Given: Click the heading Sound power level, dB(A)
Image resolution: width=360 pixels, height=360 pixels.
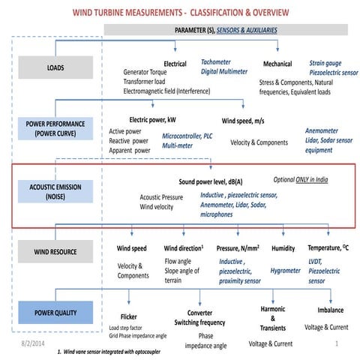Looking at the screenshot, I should (214, 182).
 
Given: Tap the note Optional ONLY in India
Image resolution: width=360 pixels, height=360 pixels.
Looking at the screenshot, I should (300, 180).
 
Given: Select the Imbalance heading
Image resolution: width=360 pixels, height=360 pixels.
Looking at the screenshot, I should (330, 309).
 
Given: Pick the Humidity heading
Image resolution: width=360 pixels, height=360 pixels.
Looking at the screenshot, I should (283, 247).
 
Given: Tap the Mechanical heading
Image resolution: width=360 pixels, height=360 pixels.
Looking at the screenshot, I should (277, 64).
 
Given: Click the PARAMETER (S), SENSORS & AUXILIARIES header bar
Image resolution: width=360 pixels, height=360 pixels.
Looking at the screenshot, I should (225, 28).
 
